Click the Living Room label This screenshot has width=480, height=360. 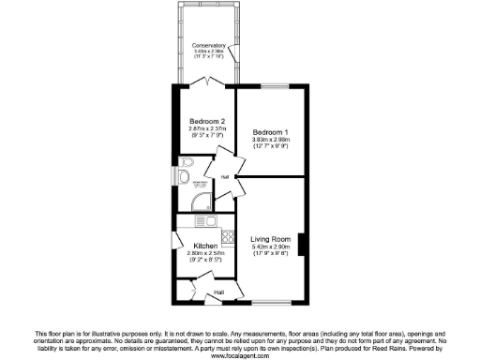tap(272, 240)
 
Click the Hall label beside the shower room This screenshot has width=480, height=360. tap(225, 176)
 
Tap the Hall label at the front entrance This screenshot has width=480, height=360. tap(218, 292)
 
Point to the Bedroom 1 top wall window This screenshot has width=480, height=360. tap(272, 86)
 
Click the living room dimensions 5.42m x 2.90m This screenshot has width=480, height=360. tap(272, 247)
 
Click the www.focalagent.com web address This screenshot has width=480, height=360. tap(240, 355)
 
